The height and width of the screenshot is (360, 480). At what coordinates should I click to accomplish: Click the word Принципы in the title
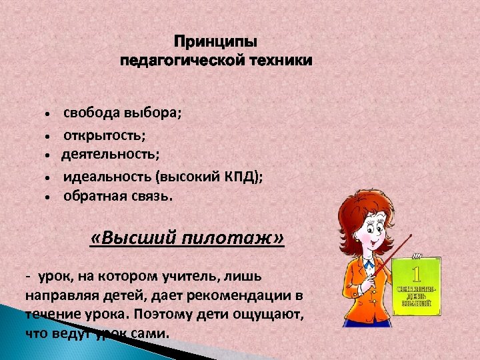pos(215,43)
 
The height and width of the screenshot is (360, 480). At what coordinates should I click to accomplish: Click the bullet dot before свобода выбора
pos(49,114)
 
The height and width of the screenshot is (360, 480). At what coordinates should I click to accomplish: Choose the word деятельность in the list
pos(109,155)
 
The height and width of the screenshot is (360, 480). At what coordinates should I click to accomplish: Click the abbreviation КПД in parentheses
pos(241,176)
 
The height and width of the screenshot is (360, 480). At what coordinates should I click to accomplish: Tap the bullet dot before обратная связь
pos(49,197)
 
